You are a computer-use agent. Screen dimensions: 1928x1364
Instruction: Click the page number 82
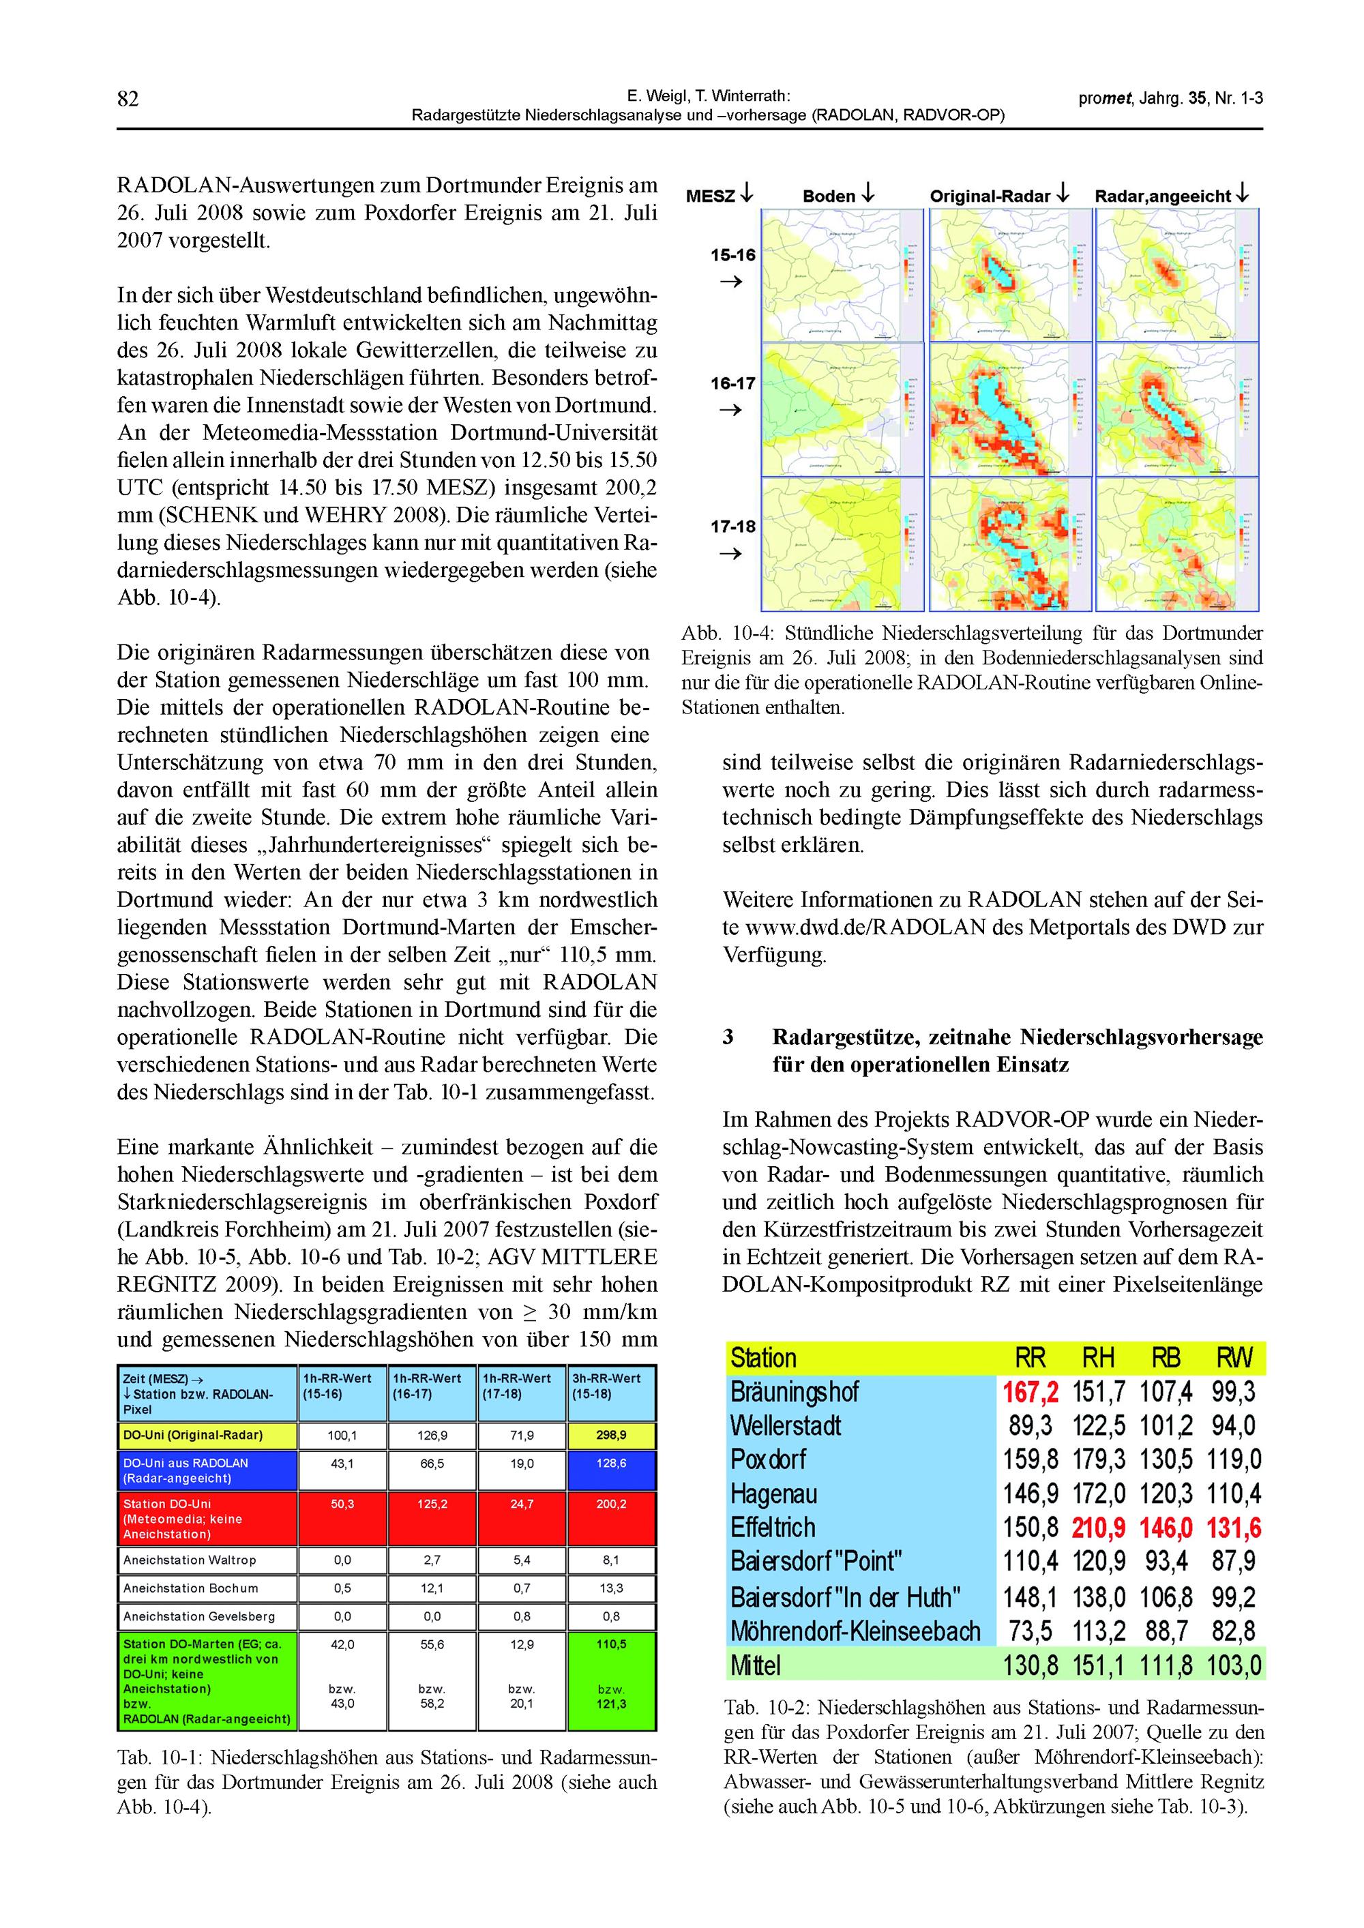point(128,99)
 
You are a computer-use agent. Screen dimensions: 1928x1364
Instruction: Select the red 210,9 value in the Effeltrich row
point(1098,1528)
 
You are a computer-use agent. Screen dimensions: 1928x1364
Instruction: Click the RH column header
point(1098,1358)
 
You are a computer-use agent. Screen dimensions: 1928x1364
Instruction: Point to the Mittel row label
point(755,1665)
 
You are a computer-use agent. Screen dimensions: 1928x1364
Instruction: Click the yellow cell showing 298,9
point(612,1435)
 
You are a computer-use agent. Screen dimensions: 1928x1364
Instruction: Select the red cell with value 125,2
point(432,1504)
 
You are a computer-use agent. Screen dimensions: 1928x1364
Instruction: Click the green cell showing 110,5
point(612,1644)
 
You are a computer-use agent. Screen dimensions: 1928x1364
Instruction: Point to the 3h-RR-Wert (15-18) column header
point(606,1386)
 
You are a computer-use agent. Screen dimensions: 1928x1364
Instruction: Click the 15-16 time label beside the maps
point(733,255)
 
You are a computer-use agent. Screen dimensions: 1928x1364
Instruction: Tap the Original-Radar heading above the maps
point(990,196)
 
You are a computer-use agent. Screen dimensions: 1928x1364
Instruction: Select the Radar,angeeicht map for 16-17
point(1176,410)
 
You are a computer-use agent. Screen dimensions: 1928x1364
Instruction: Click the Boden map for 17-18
point(842,544)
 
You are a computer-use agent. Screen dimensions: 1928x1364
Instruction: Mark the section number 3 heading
point(728,1037)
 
